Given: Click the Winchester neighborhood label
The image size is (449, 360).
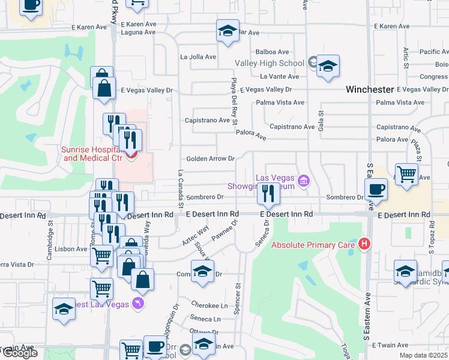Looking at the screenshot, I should point(369,89).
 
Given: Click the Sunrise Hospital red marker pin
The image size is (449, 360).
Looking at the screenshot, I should point(130,155).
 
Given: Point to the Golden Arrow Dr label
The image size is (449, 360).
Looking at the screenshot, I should point(210,159).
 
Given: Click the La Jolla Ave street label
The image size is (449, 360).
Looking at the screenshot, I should point(198,57).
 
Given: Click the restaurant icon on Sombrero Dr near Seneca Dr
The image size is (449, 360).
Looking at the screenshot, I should point(268,193).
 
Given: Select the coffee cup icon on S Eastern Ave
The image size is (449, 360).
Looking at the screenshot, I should point(376,189).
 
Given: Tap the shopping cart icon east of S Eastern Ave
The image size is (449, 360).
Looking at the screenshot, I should point(407,175).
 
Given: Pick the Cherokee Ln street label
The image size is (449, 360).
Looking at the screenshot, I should point(209,304).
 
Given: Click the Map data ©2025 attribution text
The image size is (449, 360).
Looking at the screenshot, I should point(424,355).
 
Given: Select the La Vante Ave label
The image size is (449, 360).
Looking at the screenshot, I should point(279,77).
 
